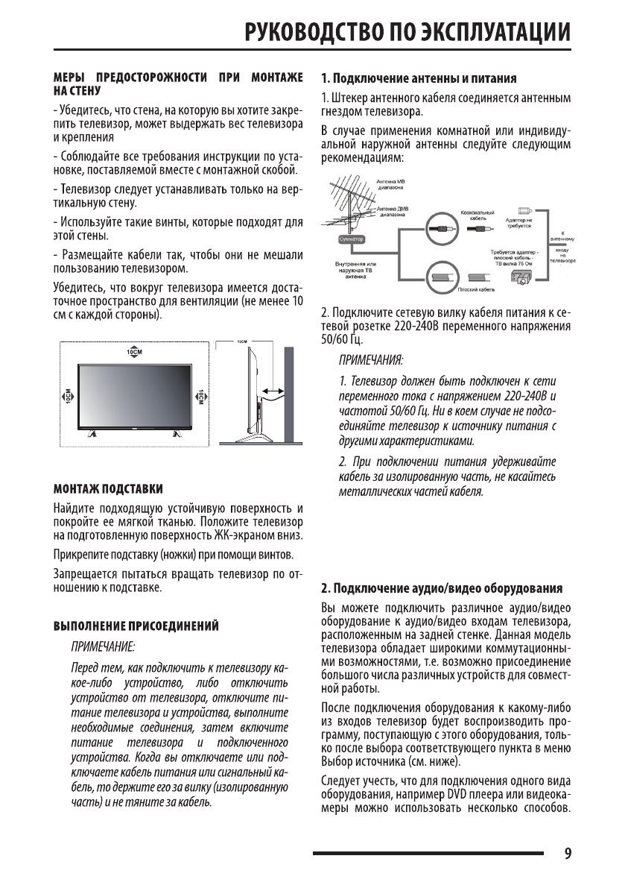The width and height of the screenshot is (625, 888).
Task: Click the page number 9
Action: pyautogui.click(x=568, y=853)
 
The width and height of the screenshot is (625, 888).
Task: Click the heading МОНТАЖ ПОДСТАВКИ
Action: pyautogui.click(x=108, y=488)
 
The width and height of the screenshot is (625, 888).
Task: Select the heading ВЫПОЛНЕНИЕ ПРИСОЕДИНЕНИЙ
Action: pyautogui.click(x=135, y=624)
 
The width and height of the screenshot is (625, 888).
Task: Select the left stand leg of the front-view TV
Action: pyautogui.click(x=91, y=432)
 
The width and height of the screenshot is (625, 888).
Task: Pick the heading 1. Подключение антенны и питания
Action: pyautogui.click(x=419, y=78)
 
